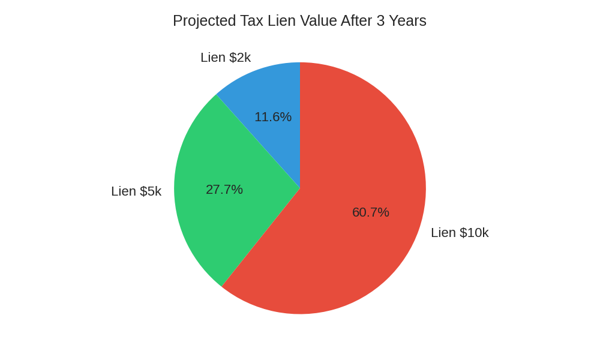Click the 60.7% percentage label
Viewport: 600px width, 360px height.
tap(371, 212)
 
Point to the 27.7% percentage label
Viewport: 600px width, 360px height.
tap(224, 190)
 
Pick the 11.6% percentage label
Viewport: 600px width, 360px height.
tap(273, 117)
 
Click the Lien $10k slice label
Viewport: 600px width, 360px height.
tap(460, 233)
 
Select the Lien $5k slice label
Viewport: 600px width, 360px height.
tap(136, 191)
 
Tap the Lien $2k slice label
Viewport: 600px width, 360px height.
tap(226, 58)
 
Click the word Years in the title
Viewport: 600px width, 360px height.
tap(408, 21)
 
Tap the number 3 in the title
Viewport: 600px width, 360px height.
tap(380, 21)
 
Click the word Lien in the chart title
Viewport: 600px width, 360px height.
tap(280, 21)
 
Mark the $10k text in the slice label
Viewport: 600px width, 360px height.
tap(474, 233)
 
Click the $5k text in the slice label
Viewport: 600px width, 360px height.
tap(151, 191)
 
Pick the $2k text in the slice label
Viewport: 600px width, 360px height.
tap(240, 58)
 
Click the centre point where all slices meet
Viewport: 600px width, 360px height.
tap(300, 188)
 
